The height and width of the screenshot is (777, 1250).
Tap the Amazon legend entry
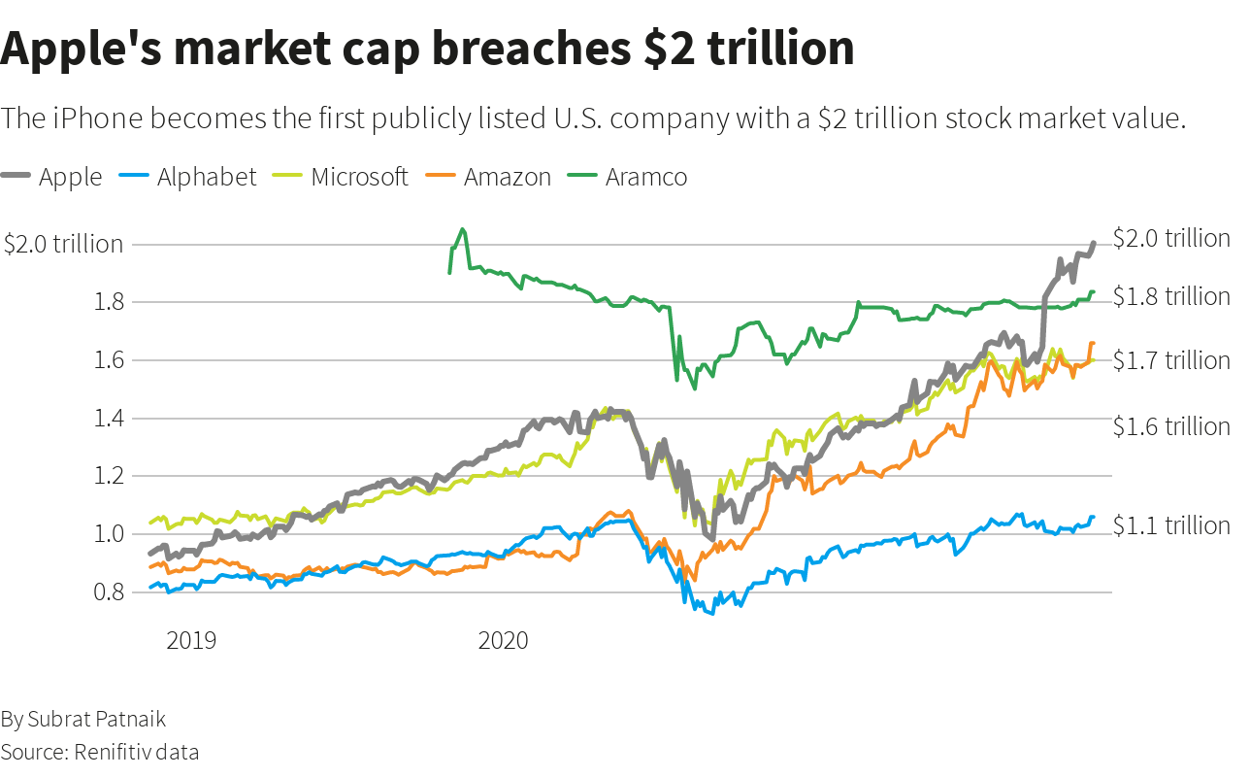coord(507,177)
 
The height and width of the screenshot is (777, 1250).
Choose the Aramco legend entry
coord(646,177)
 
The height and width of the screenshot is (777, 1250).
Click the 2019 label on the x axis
coord(191,641)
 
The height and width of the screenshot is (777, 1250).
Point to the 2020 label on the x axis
coord(503,641)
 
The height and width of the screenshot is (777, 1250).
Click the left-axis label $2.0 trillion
coord(63,244)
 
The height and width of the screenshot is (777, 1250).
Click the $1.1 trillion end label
coord(1171,525)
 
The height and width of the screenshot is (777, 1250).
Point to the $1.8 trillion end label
coord(1171,296)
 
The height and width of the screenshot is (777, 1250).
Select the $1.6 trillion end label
coord(1171,426)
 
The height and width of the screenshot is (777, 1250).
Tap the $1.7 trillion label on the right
coord(1171,360)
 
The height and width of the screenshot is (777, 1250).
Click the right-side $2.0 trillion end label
coord(1171,238)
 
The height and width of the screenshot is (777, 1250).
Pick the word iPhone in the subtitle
coord(97,119)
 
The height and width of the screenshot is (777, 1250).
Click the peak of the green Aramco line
coord(462,229)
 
